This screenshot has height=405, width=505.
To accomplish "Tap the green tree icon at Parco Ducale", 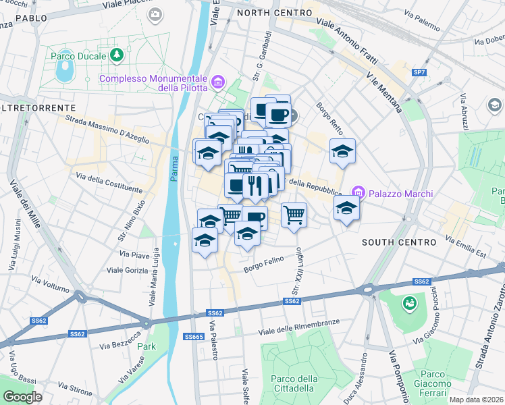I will pos(117,53).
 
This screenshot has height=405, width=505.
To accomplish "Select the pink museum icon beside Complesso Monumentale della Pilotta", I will pos(218,83).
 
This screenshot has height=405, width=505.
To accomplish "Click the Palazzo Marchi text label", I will pos(401,194).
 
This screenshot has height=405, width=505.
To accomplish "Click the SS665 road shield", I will pos(194,336).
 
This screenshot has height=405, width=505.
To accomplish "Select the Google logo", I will pos(22,397).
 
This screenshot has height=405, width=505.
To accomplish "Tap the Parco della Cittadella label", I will pos(292,383).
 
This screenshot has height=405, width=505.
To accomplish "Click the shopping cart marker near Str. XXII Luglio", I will pos(294,215).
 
